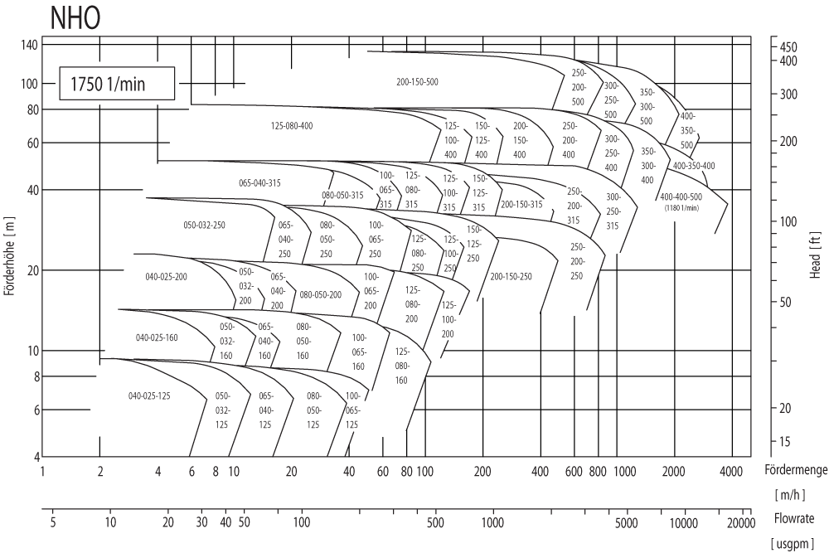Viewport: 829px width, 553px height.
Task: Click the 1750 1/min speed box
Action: pyautogui.click(x=117, y=84)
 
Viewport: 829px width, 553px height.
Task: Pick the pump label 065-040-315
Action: pyautogui.click(x=259, y=182)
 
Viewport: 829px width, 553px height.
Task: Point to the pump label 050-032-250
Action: pyautogui.click(x=204, y=225)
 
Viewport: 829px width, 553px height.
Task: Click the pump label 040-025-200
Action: pyautogui.click(x=166, y=276)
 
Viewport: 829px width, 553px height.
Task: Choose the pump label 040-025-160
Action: pyautogui.click(x=157, y=337)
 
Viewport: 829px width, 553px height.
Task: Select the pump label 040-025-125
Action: pyautogui.click(x=149, y=396)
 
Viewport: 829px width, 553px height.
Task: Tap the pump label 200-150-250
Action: pyautogui.click(x=511, y=276)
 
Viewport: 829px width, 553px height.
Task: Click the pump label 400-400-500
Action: pyautogui.click(x=681, y=196)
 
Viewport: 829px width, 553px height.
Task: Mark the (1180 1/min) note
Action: pyautogui.click(x=681, y=207)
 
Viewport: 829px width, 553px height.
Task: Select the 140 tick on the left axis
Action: pyautogui.click(x=29, y=45)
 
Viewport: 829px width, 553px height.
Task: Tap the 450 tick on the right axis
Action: pyautogui.click(x=788, y=46)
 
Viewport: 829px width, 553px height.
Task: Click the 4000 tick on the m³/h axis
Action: pyautogui.click(x=730, y=471)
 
